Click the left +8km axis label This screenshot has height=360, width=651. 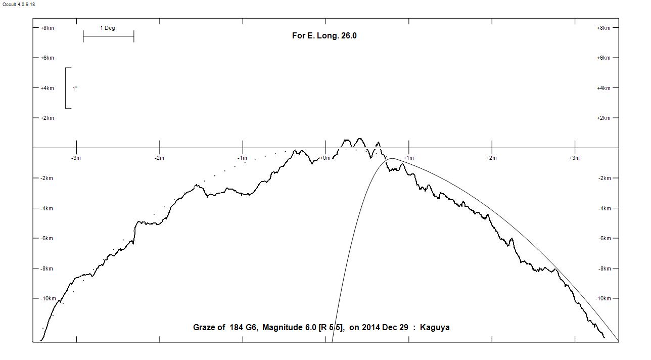point(47,28)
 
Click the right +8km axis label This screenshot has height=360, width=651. point(603,28)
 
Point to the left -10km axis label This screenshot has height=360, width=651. point(48,299)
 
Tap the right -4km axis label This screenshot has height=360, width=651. point(604,208)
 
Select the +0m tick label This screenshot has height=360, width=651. point(324,158)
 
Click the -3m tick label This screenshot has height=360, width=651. point(76,158)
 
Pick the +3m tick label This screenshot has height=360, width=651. point(574,158)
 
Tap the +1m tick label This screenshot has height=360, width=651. point(408,158)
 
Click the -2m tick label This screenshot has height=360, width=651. point(159,158)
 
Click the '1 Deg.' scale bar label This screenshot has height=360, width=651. point(108,28)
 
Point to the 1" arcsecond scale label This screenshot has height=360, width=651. point(75,88)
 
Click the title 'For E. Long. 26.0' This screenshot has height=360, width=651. point(324,36)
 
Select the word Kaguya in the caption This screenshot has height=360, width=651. point(435,328)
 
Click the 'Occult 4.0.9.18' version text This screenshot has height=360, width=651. point(19,5)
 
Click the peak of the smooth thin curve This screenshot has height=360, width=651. point(392,159)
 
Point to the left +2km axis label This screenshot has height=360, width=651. point(47,118)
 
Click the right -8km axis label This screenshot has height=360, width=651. point(604,268)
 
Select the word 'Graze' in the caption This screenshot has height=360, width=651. point(205,328)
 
